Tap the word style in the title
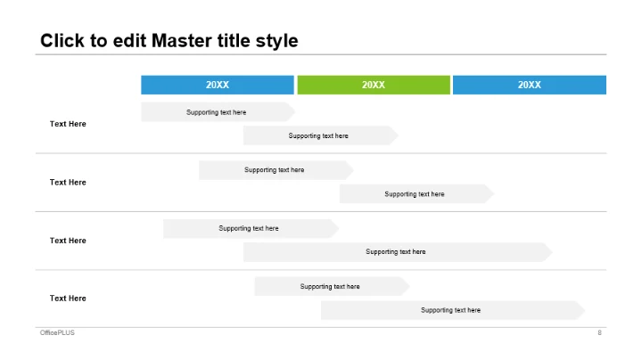click(x=276, y=42)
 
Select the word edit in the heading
click(x=129, y=40)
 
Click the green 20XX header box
click(x=374, y=85)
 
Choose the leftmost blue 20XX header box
click(x=218, y=85)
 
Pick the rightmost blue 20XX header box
click(x=530, y=85)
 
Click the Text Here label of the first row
click(x=68, y=124)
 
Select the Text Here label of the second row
click(x=68, y=183)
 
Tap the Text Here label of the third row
click(x=68, y=241)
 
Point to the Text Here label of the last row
click(x=68, y=299)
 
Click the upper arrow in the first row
click(x=218, y=112)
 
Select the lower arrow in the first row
click(x=321, y=135)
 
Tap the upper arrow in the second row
click(x=276, y=170)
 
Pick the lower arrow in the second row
click(x=416, y=194)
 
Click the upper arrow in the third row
click(x=251, y=229)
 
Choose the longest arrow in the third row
click(x=398, y=252)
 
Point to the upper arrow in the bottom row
click(x=332, y=286)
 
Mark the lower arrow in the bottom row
click(x=453, y=310)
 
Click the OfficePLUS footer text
click(x=57, y=332)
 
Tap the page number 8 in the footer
click(x=599, y=332)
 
